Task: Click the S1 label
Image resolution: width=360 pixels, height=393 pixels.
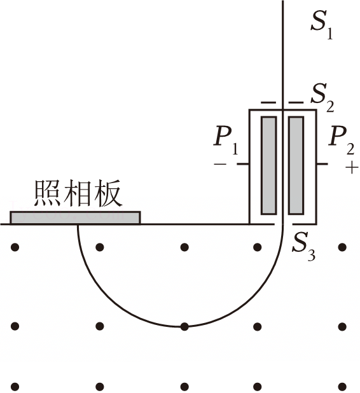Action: click(x=322, y=25)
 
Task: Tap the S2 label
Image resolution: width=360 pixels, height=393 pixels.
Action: click(x=322, y=98)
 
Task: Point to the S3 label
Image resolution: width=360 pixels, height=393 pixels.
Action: click(x=303, y=247)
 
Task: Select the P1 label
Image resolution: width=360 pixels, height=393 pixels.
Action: click(x=226, y=141)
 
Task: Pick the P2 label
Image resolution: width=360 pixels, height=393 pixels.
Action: click(x=342, y=141)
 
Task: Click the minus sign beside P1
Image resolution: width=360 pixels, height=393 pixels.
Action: click(x=220, y=165)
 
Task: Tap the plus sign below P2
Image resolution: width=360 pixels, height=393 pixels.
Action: click(x=352, y=168)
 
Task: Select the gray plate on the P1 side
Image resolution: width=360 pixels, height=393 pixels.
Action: click(x=269, y=166)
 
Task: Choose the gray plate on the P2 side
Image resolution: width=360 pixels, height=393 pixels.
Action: click(x=296, y=166)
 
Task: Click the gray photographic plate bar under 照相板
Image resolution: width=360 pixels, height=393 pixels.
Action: click(x=75, y=217)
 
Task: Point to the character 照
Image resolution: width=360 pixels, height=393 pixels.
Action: click(x=47, y=193)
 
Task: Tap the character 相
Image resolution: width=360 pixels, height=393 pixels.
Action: click(x=77, y=193)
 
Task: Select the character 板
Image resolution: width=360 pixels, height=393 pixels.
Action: click(x=108, y=193)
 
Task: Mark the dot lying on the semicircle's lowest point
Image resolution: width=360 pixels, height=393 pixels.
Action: click(x=184, y=326)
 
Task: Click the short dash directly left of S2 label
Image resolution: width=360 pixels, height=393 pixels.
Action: click(x=296, y=102)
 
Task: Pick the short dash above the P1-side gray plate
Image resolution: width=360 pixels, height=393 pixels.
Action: click(x=268, y=102)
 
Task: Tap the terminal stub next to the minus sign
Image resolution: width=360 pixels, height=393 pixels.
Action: click(x=243, y=164)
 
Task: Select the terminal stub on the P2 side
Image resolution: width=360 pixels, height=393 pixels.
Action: click(x=322, y=164)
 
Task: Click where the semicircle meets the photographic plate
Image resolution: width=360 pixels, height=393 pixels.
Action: click(x=78, y=224)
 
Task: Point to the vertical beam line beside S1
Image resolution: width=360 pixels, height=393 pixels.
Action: click(x=283, y=55)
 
